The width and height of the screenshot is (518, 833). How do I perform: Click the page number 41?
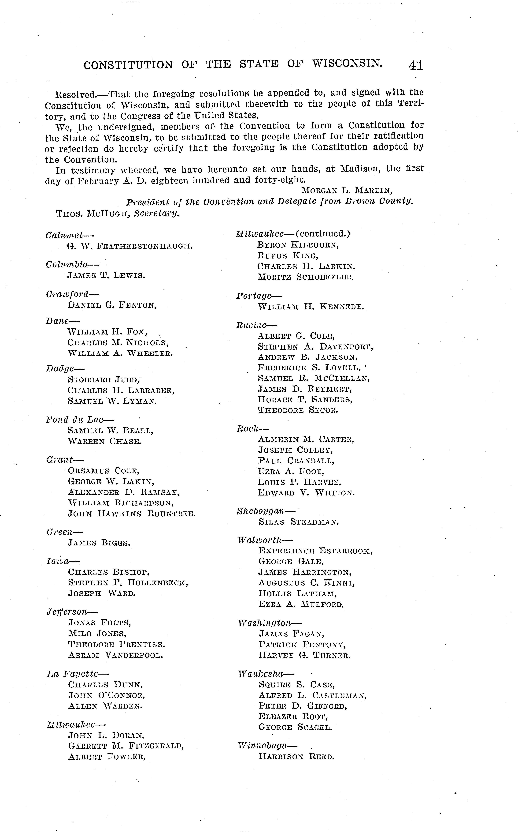[x=416, y=65]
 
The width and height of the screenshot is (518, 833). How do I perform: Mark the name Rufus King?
[x=288, y=256]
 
